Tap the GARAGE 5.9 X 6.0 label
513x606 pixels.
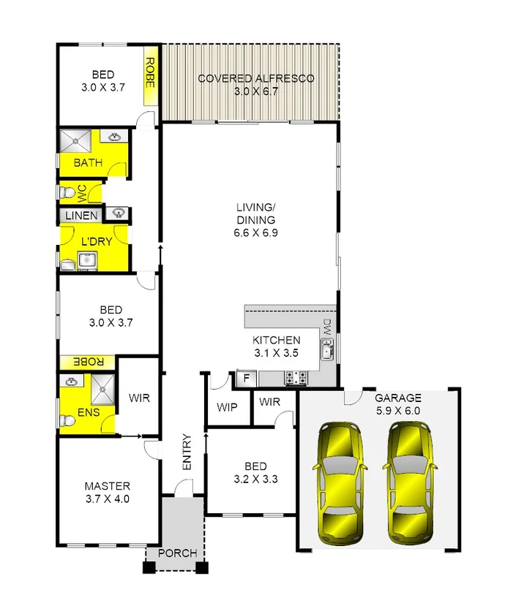click(398, 404)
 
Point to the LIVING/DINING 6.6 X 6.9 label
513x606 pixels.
click(255, 220)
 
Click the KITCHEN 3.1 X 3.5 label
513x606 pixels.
click(276, 346)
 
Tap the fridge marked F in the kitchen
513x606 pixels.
click(246, 379)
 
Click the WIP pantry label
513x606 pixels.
click(226, 407)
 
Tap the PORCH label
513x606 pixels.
click(177, 553)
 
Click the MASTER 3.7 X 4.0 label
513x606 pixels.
click(107, 493)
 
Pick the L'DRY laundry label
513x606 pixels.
click(95, 241)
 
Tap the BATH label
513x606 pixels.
click(88, 163)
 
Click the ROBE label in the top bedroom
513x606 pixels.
click(151, 73)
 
